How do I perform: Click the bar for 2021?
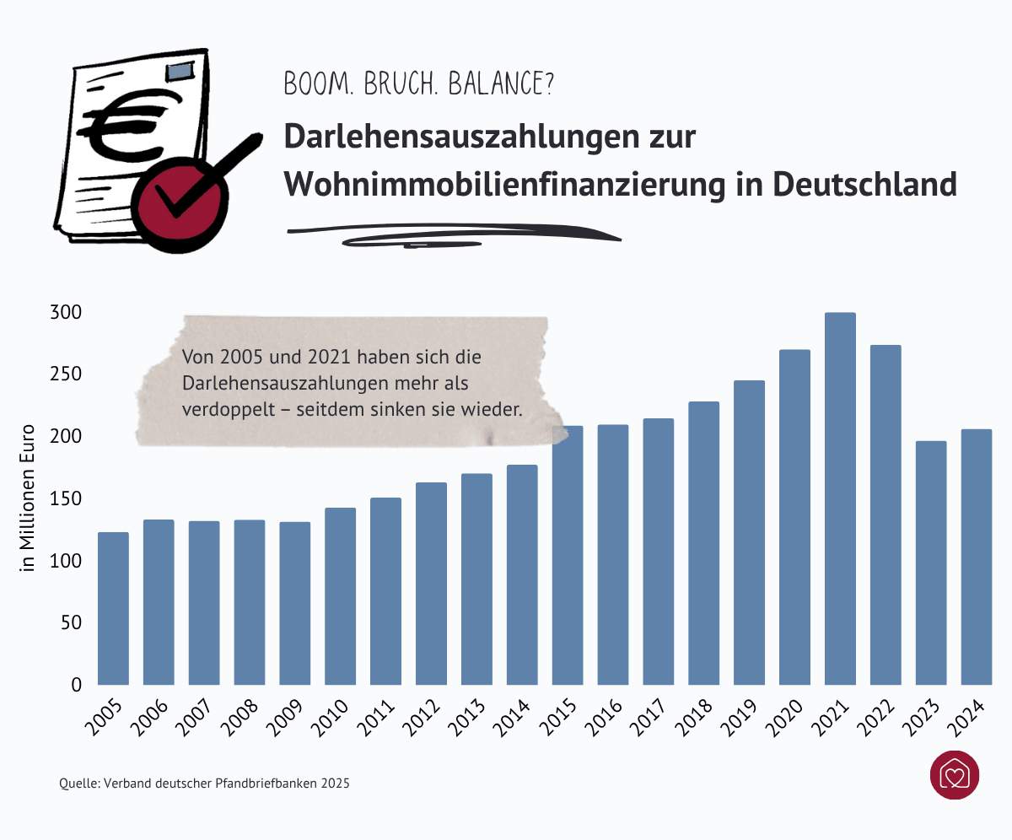point(840,498)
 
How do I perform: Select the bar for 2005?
point(113,608)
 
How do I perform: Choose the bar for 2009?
point(295,603)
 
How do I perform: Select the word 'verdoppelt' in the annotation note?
point(219,408)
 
